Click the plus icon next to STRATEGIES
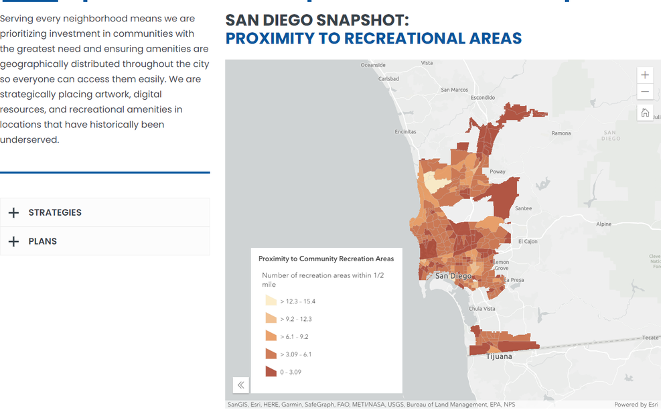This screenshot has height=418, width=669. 13,212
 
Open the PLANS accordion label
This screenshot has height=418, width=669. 42,241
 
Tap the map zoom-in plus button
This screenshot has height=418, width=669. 645,75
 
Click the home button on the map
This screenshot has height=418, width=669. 645,113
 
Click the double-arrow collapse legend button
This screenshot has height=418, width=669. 241,385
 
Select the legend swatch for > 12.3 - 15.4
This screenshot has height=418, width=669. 271,301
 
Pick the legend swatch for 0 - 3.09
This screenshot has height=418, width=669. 271,372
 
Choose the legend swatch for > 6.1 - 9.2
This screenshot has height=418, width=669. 271,336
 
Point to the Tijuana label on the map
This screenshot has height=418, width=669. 499,356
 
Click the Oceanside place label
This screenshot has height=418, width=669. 373,65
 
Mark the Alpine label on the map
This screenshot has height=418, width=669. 603,224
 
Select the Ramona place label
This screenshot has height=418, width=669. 561,133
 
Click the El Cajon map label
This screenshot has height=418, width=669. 528,241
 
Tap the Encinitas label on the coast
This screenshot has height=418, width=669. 405,132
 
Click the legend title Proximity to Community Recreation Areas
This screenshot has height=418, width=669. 326,259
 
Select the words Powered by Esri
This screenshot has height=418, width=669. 636,405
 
